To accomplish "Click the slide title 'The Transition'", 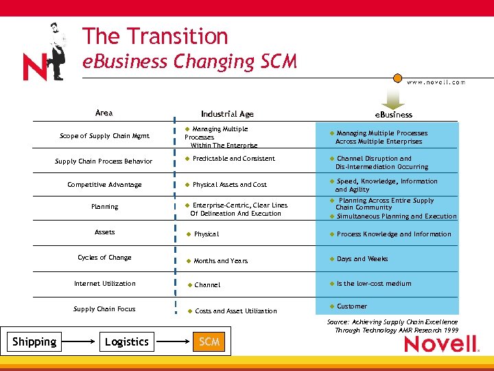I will [x=154, y=36].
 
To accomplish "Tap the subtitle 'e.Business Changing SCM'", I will [x=189, y=61].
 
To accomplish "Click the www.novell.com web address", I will [x=436, y=82].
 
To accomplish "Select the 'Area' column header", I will [x=104, y=113].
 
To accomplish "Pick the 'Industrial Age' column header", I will [x=227, y=114].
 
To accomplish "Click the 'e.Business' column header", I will [x=393, y=115].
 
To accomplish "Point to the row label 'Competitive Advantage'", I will [x=104, y=184].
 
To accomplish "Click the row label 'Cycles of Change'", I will [x=104, y=258].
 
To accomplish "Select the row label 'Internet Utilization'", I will [x=104, y=283].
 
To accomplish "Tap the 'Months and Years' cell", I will [x=220, y=261].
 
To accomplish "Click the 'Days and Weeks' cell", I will [x=362, y=259].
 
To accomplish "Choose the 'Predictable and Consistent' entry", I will [x=233, y=159].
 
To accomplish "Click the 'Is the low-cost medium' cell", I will [x=373, y=283].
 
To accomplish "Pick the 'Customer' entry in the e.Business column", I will [x=351, y=306].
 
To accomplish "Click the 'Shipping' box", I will [x=34, y=341].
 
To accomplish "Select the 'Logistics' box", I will [x=126, y=341].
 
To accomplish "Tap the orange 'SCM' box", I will [x=209, y=341].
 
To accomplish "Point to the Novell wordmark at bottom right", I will [x=439, y=343].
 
